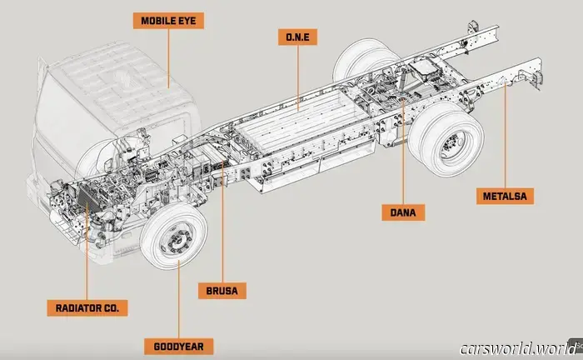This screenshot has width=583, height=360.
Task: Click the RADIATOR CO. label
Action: [x=87, y=308]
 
